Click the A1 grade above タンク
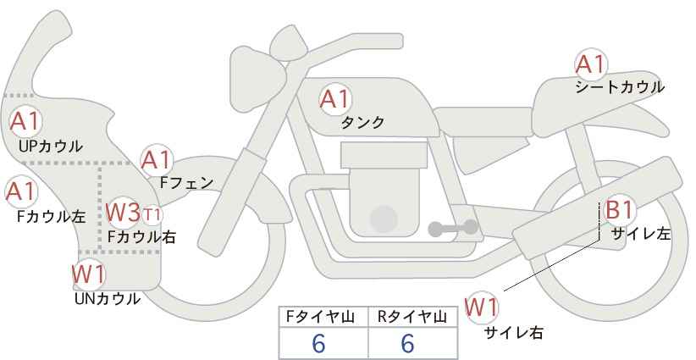pos(335,99)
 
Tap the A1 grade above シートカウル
pos(591,64)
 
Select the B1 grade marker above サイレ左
pos(619,209)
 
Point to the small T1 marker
pos(152,216)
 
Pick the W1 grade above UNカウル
pos(88,274)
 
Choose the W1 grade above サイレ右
pos(481,307)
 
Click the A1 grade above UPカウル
pos(25,122)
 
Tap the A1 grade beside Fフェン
pos(157,160)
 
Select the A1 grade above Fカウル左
pos(20,191)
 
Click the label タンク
pos(362,122)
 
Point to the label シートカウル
pos(620,87)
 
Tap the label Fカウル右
pos(141,236)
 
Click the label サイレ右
pos(514,332)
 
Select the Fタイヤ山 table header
pos(320,317)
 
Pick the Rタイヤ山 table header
pos(412,317)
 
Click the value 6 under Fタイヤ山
pos(319,343)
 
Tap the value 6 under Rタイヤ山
pos(407,343)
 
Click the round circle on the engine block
pos(384,219)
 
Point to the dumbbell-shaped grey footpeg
pos(453,228)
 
